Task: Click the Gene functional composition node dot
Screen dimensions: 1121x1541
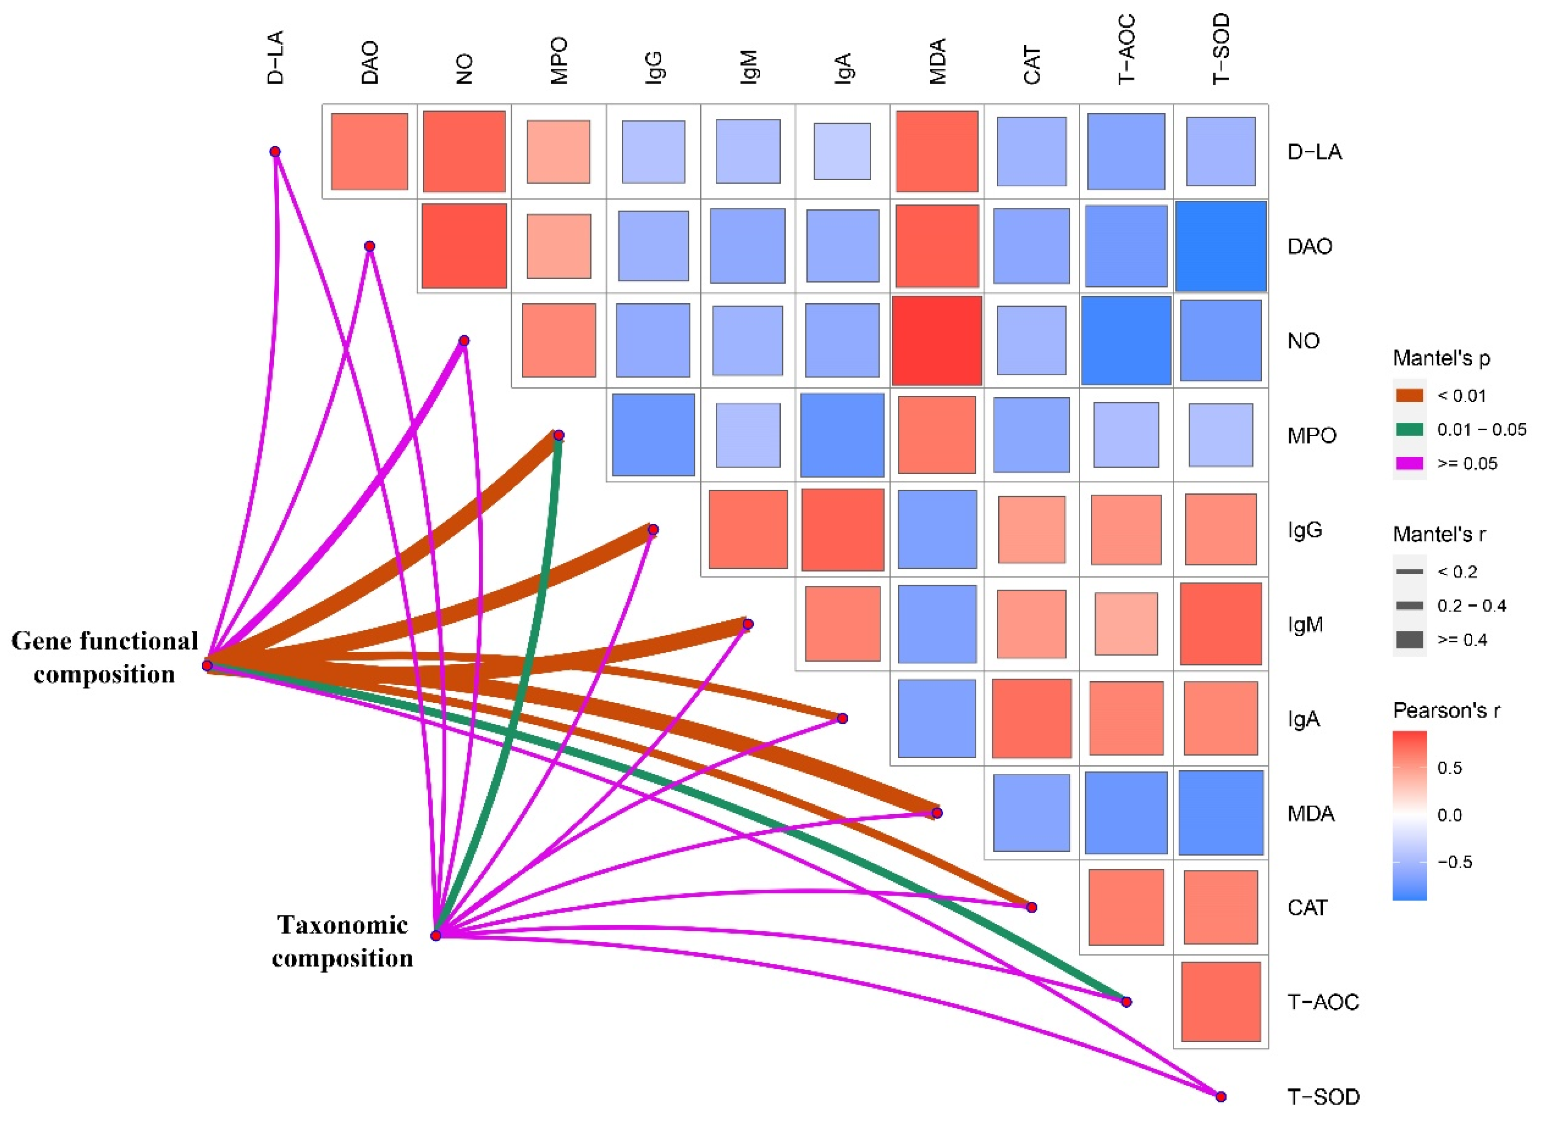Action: [x=207, y=665]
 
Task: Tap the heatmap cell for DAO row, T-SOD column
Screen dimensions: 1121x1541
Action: [x=1220, y=246]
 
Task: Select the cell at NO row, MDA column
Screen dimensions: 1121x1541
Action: [x=937, y=340]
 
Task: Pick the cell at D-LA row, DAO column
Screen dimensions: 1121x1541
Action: [x=370, y=152]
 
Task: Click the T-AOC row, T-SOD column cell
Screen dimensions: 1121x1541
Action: [x=1220, y=1002]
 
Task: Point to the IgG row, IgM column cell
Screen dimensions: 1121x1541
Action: [x=747, y=529]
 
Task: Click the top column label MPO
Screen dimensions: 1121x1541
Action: [x=558, y=61]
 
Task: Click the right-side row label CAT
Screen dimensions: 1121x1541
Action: [x=1307, y=908]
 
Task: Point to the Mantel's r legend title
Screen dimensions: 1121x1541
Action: [x=1439, y=535]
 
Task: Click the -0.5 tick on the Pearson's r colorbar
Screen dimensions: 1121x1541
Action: [x=1455, y=862]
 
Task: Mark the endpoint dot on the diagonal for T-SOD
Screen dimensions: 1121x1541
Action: [x=1220, y=1096]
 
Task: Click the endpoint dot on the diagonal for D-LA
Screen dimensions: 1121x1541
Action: [x=275, y=152]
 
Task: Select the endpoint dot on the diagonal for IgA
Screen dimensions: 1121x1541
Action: [x=842, y=718]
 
